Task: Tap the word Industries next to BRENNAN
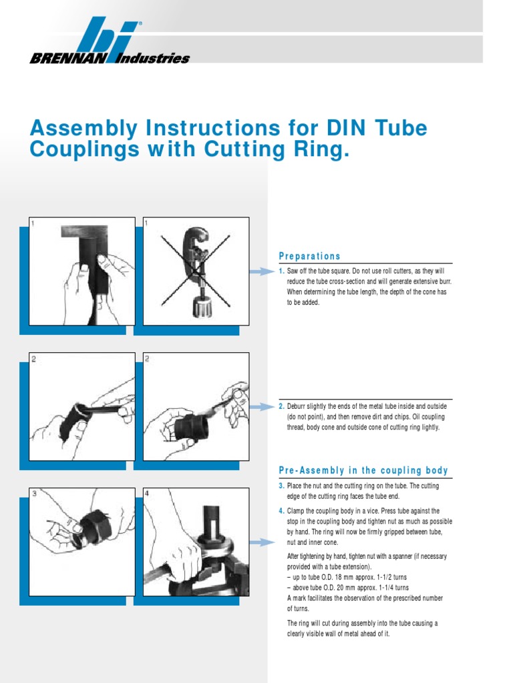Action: (154, 59)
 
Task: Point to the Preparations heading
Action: (309, 256)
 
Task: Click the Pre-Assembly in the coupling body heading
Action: (363, 471)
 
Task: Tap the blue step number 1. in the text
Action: (281, 272)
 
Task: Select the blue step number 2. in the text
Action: (281, 406)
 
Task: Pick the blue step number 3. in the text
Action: (281, 486)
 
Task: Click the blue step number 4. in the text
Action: (281, 511)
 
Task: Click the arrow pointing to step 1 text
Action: (262, 271)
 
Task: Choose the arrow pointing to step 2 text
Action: (262, 406)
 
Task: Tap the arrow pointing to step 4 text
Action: (262, 542)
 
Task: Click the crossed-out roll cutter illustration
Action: (196, 271)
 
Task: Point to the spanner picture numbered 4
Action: (196, 542)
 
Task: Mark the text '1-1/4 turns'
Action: (391, 588)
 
